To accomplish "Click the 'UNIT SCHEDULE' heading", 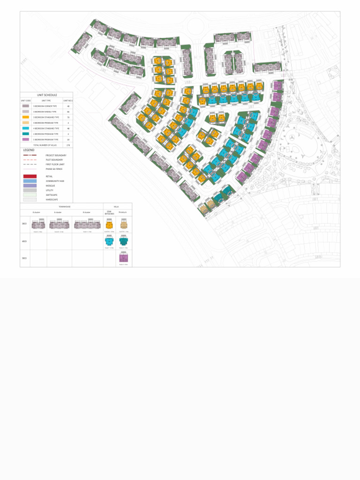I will click(47, 95).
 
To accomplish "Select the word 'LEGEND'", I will click(29, 150).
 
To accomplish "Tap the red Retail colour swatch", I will click(30, 176).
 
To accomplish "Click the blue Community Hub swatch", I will click(30, 181).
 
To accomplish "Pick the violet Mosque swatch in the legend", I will click(30, 186).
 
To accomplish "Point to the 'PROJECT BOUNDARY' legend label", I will click(56, 155).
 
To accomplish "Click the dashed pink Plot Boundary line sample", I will click(30, 160).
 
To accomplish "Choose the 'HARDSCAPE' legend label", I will click(52, 200).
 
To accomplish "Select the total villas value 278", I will click(68, 145).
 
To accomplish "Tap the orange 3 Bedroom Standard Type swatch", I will click(26, 117).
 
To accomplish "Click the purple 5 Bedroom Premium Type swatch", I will click(26, 140).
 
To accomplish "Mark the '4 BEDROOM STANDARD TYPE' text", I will click(45, 128).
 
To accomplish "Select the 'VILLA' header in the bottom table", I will click(116, 206).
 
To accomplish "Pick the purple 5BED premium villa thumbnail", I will click(124, 258).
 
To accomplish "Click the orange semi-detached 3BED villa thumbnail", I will click(109, 225).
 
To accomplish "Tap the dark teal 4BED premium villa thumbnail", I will click(124, 241).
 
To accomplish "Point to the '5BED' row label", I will click(24, 258).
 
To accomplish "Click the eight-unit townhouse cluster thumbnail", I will click(87, 225).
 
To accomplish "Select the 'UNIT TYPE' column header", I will click(46, 100).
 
